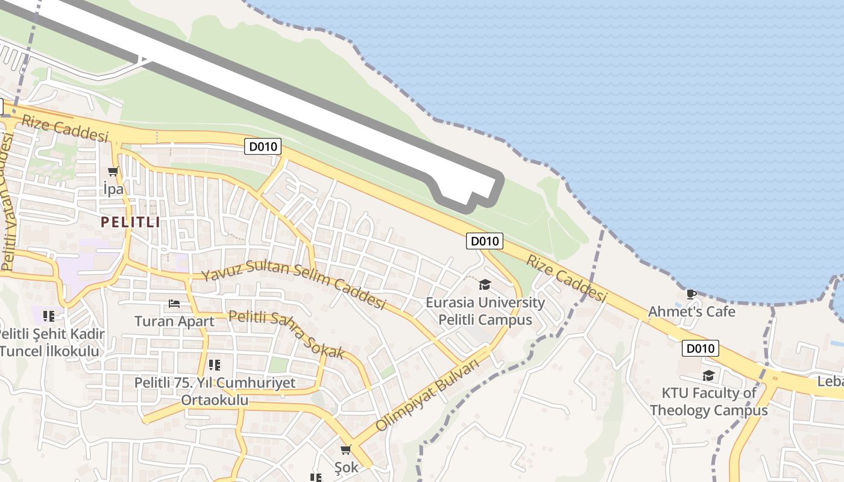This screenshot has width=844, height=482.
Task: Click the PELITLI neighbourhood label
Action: [x=130, y=222]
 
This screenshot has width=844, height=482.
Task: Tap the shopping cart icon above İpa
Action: [x=113, y=172]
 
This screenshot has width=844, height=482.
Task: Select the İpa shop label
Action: [x=113, y=189]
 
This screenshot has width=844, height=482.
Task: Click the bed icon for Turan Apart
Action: [x=174, y=304]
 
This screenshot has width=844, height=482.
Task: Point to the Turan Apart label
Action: [x=174, y=321]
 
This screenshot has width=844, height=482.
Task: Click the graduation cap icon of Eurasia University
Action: [x=485, y=284]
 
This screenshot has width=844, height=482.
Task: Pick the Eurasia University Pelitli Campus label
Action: [x=485, y=311]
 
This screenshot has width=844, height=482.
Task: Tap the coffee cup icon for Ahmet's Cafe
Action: [x=691, y=294]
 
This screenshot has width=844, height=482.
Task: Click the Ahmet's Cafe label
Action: [x=691, y=311]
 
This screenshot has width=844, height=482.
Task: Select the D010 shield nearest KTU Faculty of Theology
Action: [x=701, y=348]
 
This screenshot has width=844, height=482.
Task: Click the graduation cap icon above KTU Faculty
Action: [x=708, y=376]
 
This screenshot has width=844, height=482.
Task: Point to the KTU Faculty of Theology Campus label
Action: [x=708, y=402]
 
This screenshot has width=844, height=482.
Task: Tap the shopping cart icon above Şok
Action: [x=346, y=449]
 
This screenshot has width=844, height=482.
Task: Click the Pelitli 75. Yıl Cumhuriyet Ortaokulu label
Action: [x=215, y=391]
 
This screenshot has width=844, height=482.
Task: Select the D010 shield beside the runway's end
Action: [x=485, y=241]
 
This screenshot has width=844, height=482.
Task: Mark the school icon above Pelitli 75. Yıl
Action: [x=214, y=365]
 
